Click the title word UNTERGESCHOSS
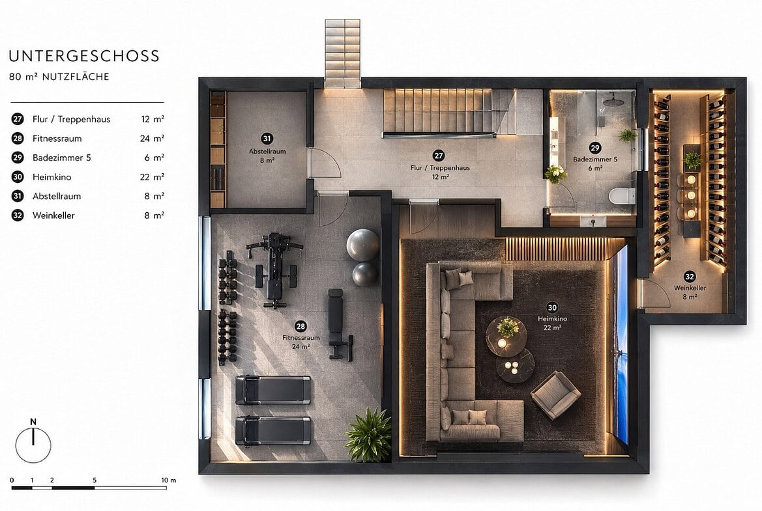[x=84, y=56]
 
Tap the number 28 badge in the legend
[x=18, y=138]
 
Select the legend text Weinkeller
[x=53, y=215]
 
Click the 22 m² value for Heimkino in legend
[x=152, y=176]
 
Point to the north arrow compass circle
[x=33, y=445]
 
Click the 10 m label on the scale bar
[x=169, y=480]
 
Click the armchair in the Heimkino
[x=555, y=395]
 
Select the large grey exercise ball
[x=362, y=245]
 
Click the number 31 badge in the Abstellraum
[x=267, y=139]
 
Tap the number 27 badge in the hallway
[x=439, y=156]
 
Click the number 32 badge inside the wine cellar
[x=690, y=277]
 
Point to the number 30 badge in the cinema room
[x=552, y=307]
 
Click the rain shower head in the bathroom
[x=611, y=102]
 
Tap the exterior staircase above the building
[x=343, y=53]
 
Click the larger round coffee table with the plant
[x=506, y=336]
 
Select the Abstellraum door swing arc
[x=326, y=163]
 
